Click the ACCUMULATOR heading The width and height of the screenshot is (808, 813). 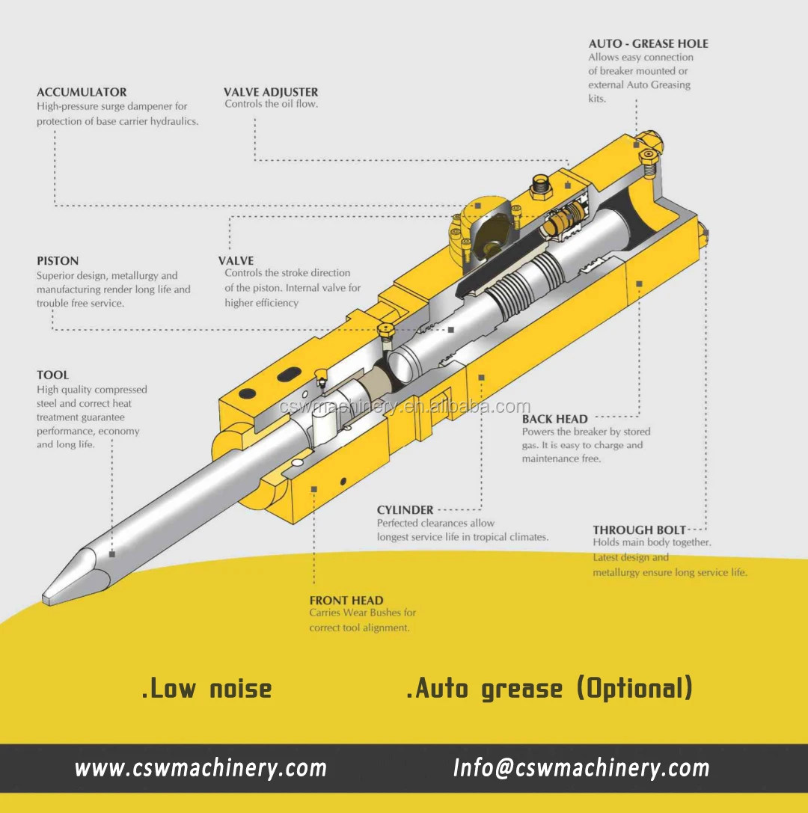tap(82, 92)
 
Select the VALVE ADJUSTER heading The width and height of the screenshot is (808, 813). tap(271, 92)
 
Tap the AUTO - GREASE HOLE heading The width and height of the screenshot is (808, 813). tap(648, 43)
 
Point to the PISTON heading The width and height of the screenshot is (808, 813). tap(58, 261)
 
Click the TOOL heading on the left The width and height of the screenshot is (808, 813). tap(52, 375)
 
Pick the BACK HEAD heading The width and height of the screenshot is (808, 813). tap(554, 419)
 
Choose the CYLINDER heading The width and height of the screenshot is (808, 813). tap(405, 510)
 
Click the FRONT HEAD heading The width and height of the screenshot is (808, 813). tap(346, 600)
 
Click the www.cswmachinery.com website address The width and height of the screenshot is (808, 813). tap(201, 768)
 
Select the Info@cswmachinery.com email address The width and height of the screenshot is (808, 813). tap(581, 768)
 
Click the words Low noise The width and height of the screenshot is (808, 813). tap(207, 688)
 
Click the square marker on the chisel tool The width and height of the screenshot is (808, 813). tap(111, 554)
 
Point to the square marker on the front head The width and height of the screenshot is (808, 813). tap(314, 489)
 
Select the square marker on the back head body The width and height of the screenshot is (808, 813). tap(639, 283)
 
